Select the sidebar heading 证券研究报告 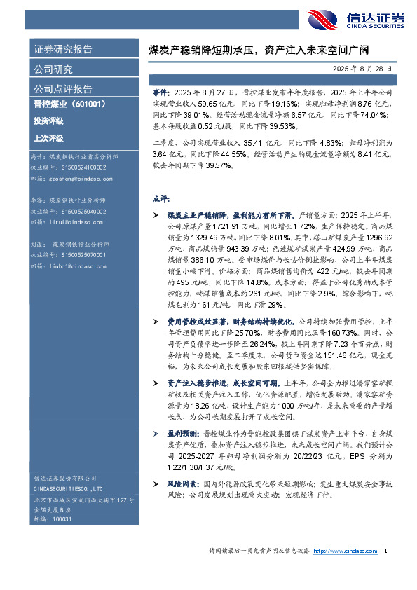[x=63, y=50]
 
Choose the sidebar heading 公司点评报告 [x=63, y=89]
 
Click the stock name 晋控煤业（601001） [x=69, y=104]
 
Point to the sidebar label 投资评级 [x=48, y=121]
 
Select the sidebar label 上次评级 [x=48, y=137]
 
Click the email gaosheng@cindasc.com [x=78, y=179]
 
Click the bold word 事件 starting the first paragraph [x=160, y=92]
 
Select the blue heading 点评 [x=160, y=198]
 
